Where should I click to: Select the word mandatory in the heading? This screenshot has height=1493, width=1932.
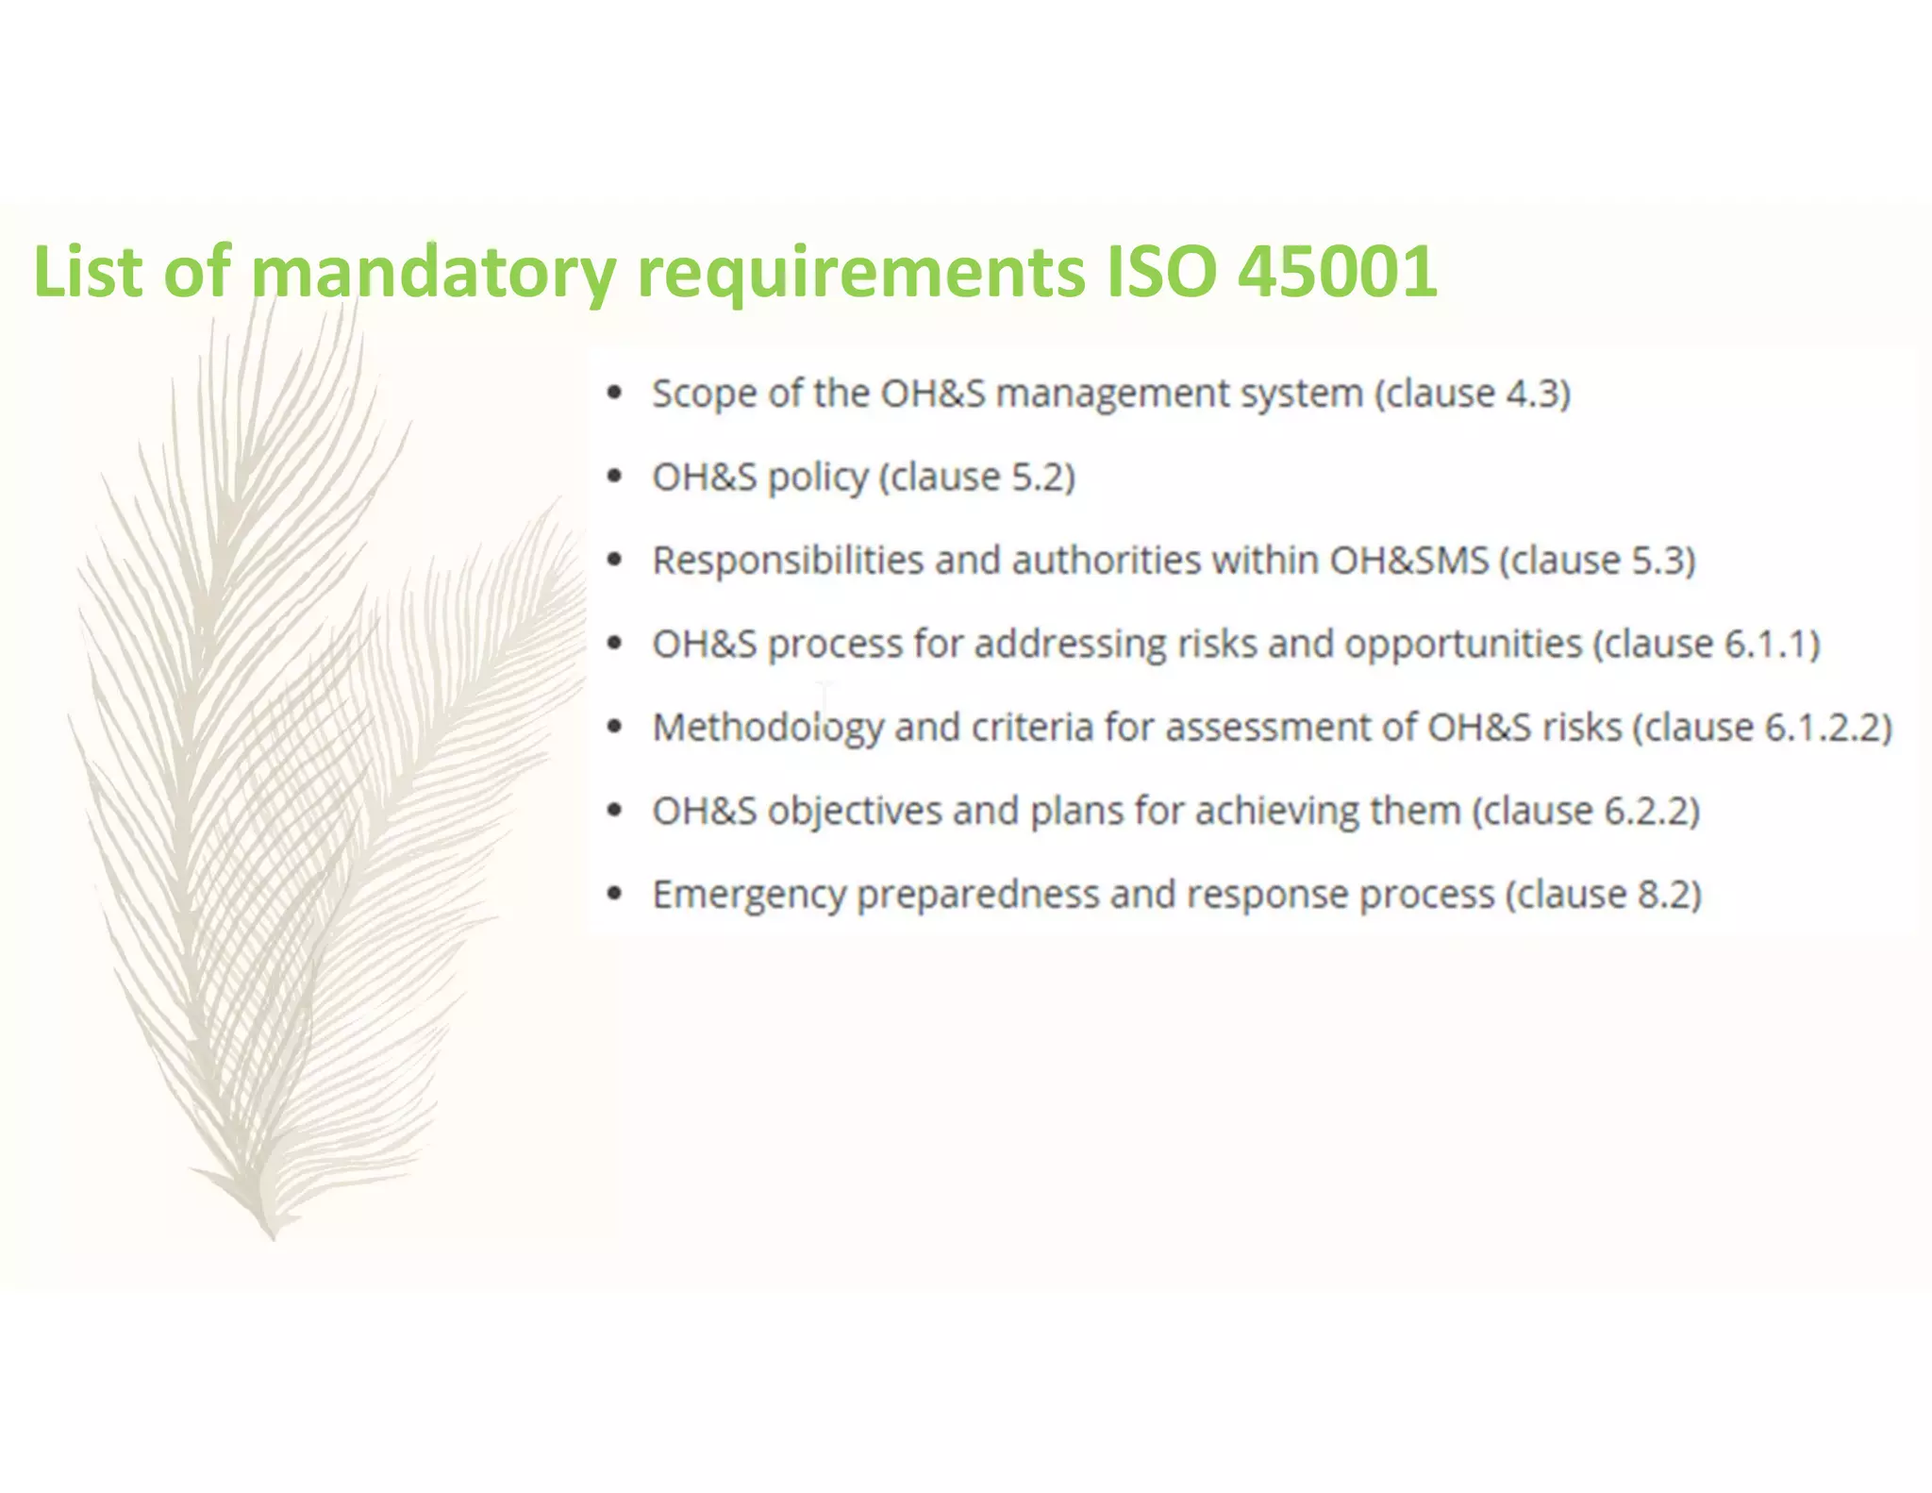[433, 272]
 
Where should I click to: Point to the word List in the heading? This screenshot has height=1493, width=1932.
[87, 272]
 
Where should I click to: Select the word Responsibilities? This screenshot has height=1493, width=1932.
[788, 561]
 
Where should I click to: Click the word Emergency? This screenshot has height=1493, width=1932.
[749, 895]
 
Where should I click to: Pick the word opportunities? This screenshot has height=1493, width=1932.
[1463, 645]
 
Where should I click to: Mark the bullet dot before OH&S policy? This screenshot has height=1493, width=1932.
[615, 477]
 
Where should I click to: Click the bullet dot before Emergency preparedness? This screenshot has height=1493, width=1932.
[615, 894]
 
